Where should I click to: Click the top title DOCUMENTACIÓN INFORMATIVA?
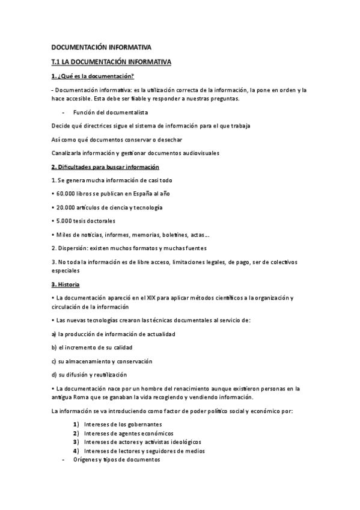102,47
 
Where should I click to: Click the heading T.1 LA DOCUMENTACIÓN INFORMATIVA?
112,61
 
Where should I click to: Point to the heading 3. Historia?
66,284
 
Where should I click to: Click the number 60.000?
64,194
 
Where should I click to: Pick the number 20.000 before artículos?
64,207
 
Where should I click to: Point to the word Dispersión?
72,248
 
